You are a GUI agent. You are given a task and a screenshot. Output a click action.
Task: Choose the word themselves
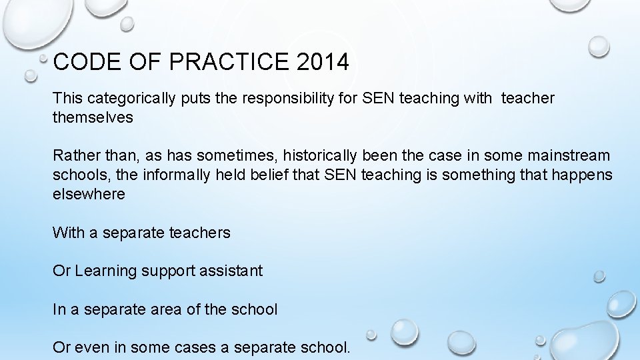[x=93, y=118]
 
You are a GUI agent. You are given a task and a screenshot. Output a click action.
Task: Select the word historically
[x=321, y=156]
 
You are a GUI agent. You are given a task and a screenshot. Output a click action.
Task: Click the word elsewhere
[x=89, y=195]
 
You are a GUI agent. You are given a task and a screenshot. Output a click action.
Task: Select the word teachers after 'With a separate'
[x=200, y=233]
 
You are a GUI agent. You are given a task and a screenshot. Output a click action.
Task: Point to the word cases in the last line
[x=207, y=348]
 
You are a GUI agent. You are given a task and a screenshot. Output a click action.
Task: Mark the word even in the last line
[x=91, y=348]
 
